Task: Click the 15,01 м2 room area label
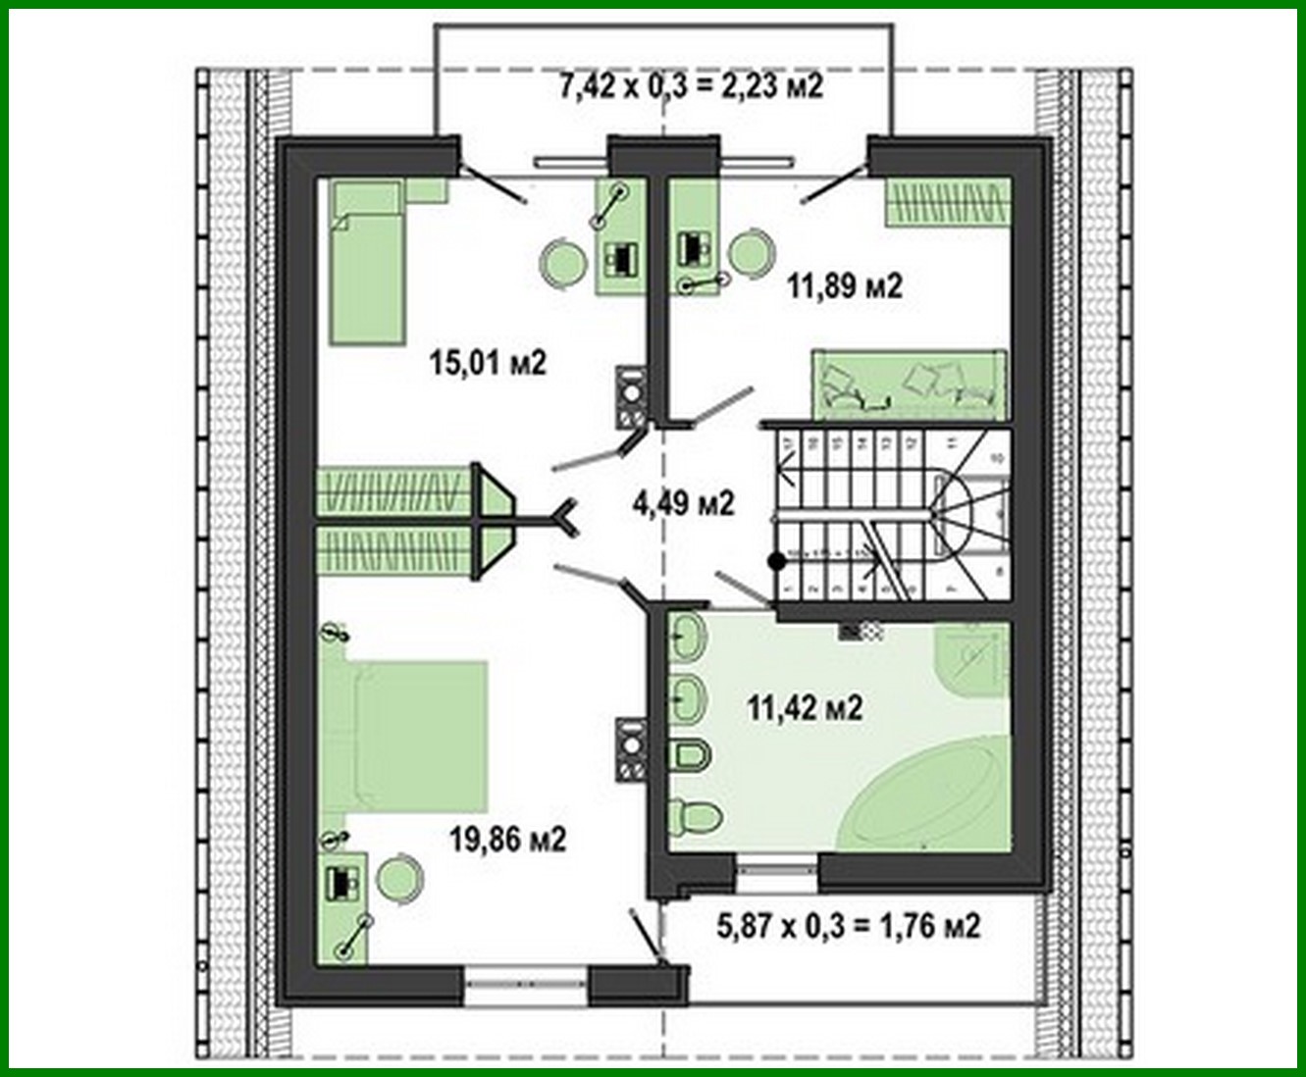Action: pyautogui.click(x=487, y=363)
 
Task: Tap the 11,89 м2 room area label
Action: pyautogui.click(x=844, y=285)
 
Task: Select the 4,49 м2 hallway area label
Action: pyautogui.click(x=683, y=503)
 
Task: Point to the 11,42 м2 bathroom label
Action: pyautogui.click(x=805, y=706)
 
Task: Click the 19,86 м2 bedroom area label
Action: pyautogui.click(x=507, y=840)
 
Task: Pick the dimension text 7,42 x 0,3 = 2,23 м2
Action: pyautogui.click(x=690, y=86)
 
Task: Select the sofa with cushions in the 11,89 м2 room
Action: pyautogui.click(x=909, y=385)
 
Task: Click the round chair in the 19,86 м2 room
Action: pyautogui.click(x=400, y=877)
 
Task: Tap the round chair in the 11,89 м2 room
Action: pyautogui.click(x=751, y=251)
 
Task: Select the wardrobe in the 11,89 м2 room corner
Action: pyautogui.click(x=947, y=202)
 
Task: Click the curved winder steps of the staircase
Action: pyautogui.click(x=966, y=510)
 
